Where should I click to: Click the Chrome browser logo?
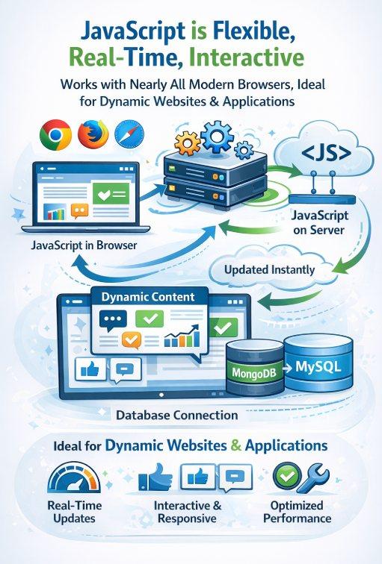[55, 135]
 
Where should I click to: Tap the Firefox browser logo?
[93, 134]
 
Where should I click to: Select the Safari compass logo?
[129, 135]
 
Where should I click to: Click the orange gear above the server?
[187, 143]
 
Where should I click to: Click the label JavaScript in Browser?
[84, 245]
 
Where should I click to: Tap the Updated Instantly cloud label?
[270, 269]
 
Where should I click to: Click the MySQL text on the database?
[318, 366]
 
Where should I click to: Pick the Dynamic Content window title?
[148, 297]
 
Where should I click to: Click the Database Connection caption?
[177, 415]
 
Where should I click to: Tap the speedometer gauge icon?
[75, 478]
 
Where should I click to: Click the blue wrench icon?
[313, 478]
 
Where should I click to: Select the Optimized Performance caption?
[297, 512]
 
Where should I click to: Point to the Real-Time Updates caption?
[75, 512]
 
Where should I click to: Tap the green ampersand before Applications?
[236, 445]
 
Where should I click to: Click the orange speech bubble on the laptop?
[80, 211]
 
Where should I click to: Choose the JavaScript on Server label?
[319, 222]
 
